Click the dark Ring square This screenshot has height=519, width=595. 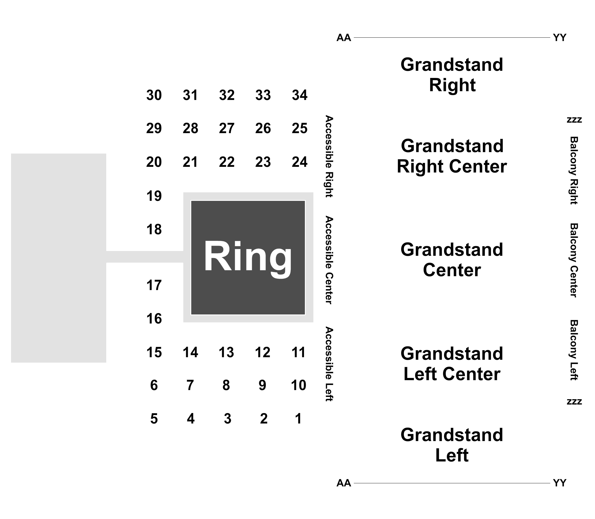pyautogui.click(x=248, y=258)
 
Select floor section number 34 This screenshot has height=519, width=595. pyautogui.click(x=299, y=95)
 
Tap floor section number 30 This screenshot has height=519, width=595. pyautogui.click(x=154, y=95)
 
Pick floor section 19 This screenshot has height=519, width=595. pyautogui.click(x=154, y=196)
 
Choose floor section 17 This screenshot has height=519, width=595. pyautogui.click(x=154, y=285)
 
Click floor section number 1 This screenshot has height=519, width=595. pyautogui.click(x=298, y=418)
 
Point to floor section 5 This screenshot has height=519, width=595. pyautogui.click(x=154, y=418)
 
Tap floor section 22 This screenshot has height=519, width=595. pyautogui.click(x=227, y=161)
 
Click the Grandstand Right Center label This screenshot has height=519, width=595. pyautogui.click(x=452, y=156)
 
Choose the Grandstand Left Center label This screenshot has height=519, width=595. pyautogui.click(x=452, y=364)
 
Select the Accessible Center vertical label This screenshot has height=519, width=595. pyautogui.click(x=329, y=260)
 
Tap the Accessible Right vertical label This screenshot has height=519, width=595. pyautogui.click(x=329, y=156)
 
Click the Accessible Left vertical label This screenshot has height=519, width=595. pyautogui.click(x=329, y=364)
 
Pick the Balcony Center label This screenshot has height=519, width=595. pyautogui.click(x=574, y=260)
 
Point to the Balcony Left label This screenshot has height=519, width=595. pyautogui.click(x=574, y=350)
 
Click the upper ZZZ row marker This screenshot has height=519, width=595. pyautogui.click(x=574, y=120)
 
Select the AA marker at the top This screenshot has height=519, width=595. pyautogui.click(x=344, y=38)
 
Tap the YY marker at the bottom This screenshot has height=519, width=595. pyautogui.click(x=560, y=483)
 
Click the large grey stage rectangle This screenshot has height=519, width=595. pyautogui.click(x=59, y=258)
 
